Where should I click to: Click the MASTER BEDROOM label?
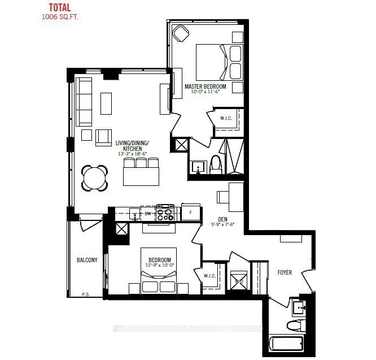tap(206, 86)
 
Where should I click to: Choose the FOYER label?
tap(285, 272)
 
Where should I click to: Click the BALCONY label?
tap(87, 260)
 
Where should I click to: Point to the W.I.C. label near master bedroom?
tap(226, 118)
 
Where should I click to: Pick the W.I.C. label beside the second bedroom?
tap(210, 276)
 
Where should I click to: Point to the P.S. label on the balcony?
tap(86, 294)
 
